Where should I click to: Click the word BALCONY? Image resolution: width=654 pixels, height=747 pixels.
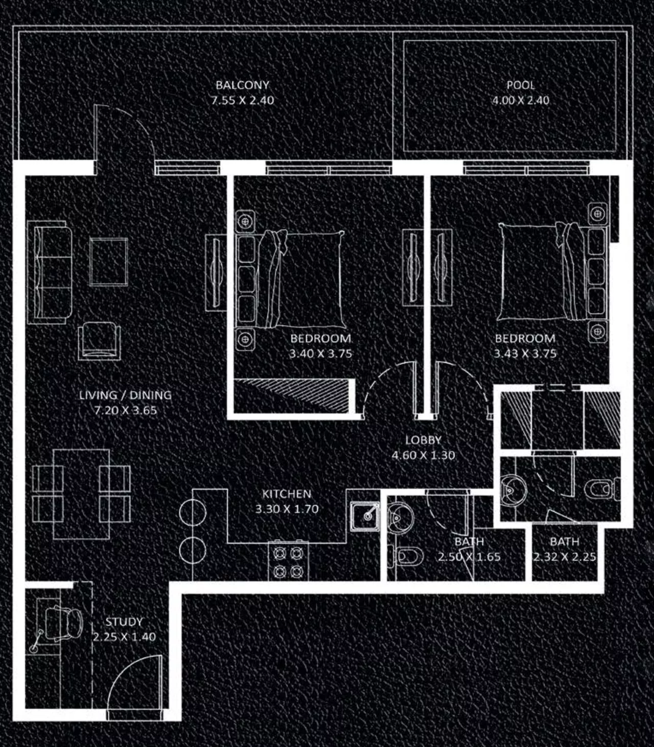pyautogui.click(x=242, y=85)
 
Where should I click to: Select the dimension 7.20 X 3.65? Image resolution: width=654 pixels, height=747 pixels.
pyautogui.click(x=126, y=410)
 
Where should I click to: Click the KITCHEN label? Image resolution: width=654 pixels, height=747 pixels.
pyautogui.click(x=287, y=494)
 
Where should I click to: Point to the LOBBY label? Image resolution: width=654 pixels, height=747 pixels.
pyautogui.click(x=424, y=440)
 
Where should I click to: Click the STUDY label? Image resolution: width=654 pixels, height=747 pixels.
pyautogui.click(x=124, y=622)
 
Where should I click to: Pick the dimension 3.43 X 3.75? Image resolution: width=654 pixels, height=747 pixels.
pyautogui.click(x=525, y=354)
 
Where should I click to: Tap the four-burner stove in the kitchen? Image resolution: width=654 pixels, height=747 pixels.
pyautogui.click(x=288, y=562)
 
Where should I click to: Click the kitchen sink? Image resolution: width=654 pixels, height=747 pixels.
pyautogui.click(x=365, y=516)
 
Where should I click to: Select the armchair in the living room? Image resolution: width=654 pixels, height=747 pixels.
pyautogui.click(x=99, y=341)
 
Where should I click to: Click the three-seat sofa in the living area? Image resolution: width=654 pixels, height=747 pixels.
pyautogui.click(x=49, y=272)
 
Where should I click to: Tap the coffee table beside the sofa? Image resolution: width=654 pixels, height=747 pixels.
pyautogui.click(x=108, y=262)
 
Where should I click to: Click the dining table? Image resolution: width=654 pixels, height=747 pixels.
pyautogui.click(x=81, y=495)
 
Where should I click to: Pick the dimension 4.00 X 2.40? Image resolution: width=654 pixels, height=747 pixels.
pyautogui.click(x=521, y=101)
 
